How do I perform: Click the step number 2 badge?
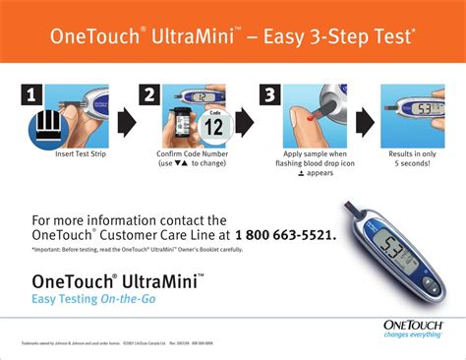coord(148,94)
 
